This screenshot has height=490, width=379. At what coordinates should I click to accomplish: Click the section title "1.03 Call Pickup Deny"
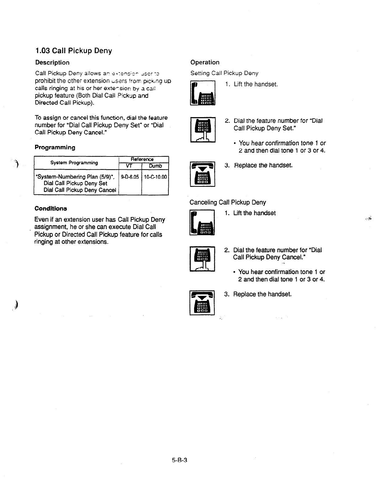[x=73, y=51]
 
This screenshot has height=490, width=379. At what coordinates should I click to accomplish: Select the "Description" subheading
[x=52, y=63]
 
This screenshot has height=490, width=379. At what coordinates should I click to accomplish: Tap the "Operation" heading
[x=205, y=62]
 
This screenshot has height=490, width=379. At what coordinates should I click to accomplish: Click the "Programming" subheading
[x=55, y=148]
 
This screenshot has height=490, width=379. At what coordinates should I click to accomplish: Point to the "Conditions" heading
[x=51, y=208]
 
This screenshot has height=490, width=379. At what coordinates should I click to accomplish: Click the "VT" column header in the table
[x=130, y=166]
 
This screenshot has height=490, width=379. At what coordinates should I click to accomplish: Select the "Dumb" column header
[x=155, y=166]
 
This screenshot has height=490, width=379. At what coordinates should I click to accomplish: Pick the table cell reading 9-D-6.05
[x=130, y=177]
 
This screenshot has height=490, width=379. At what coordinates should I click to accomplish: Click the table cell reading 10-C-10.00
[x=155, y=177]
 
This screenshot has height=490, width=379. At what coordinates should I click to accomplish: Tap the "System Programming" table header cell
[x=74, y=163]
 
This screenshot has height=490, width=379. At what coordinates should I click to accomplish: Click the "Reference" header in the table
[x=142, y=159]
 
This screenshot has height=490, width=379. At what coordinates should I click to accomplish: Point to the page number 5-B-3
[x=180, y=460]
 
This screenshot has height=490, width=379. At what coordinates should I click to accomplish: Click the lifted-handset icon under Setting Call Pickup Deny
[x=203, y=93]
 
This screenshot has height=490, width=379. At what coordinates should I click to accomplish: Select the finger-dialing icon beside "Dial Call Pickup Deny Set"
[x=203, y=129]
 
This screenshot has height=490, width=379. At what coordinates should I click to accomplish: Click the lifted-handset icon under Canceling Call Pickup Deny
[x=202, y=222]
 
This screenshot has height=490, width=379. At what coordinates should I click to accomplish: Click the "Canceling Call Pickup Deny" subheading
[x=227, y=202]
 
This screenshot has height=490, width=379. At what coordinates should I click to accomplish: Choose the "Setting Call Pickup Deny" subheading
[x=224, y=73]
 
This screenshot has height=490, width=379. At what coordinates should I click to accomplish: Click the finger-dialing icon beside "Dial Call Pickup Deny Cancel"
[x=202, y=259]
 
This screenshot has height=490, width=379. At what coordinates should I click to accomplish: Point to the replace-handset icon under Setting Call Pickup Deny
[x=203, y=174]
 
